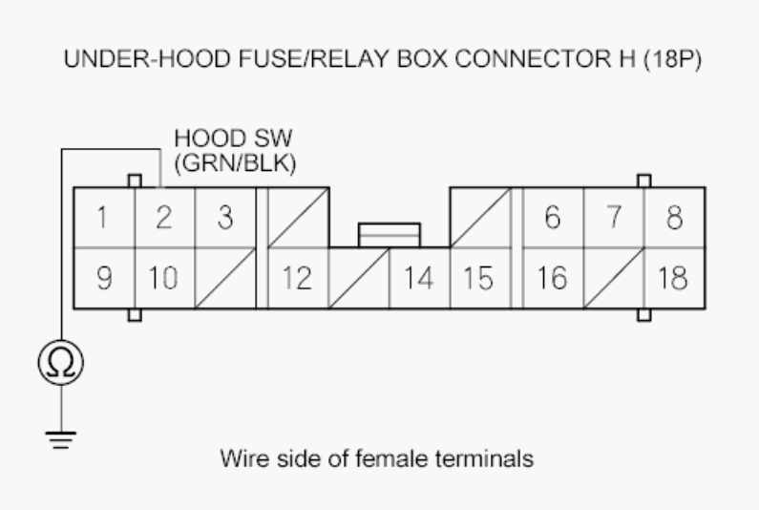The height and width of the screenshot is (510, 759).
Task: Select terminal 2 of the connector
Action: pos(164,218)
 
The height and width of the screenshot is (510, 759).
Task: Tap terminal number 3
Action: pos(225,218)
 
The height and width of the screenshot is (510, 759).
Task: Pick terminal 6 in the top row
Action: pos(554,218)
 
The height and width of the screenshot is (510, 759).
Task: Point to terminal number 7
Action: pos(614,218)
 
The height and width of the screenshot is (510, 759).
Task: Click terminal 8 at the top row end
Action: pos(675,218)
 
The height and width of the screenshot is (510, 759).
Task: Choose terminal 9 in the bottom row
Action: pos(104,278)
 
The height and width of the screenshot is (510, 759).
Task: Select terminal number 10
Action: pos(164,278)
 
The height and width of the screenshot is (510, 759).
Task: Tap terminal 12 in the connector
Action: pos(298,278)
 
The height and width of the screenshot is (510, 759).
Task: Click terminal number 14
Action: pos(419,278)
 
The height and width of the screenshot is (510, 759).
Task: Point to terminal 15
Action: pos(480,278)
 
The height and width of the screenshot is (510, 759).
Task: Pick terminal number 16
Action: pos(554,278)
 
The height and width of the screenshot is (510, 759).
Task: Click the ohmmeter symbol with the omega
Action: pos(61,363)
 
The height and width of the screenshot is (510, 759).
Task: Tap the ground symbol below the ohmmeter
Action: pos(61,439)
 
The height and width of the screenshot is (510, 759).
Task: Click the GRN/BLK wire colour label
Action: pos(235,163)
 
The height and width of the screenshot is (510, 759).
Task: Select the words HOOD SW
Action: pos(233,138)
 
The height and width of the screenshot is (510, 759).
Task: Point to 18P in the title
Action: pos(672,59)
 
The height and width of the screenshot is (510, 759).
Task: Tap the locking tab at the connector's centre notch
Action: pos(390,235)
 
